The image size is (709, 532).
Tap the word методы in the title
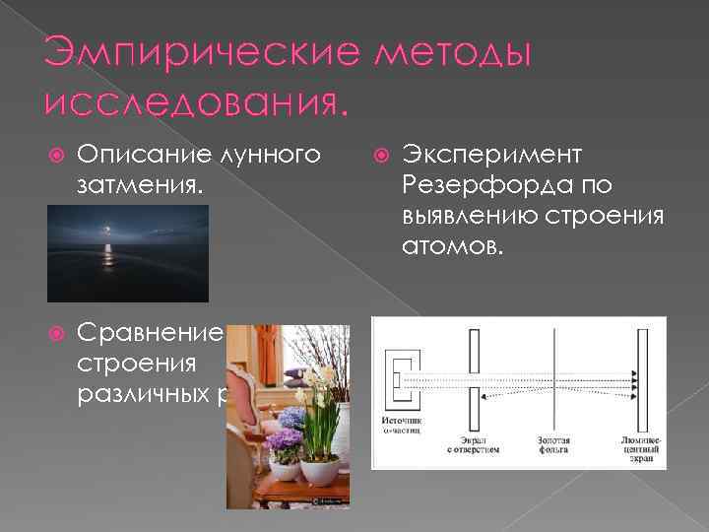448,56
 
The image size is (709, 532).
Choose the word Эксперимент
491,155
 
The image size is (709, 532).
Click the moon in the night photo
108,233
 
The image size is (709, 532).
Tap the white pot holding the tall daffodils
319,468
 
